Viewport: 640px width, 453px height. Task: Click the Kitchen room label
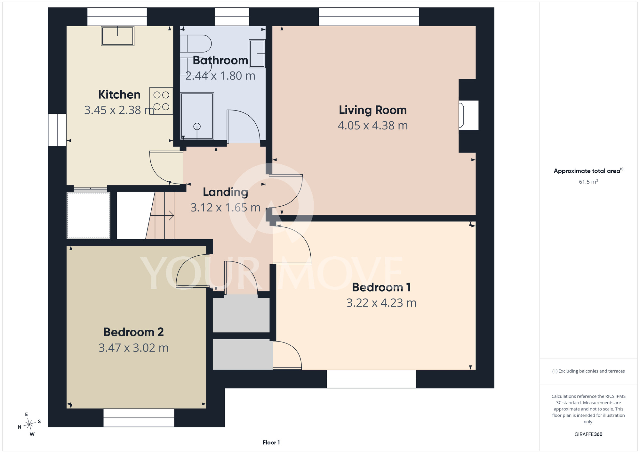(x=119, y=95)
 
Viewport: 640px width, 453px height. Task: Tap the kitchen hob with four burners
(x=161, y=101)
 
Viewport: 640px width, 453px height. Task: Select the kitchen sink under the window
(x=117, y=36)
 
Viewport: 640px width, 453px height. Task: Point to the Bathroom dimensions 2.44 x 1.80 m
(x=220, y=76)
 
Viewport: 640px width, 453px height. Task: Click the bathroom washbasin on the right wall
(x=257, y=54)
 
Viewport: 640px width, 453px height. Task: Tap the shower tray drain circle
(x=197, y=127)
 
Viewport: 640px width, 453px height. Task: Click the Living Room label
(x=373, y=110)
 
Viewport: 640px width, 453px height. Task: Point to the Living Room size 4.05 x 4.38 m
(x=373, y=126)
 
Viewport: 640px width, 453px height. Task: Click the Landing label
(x=226, y=192)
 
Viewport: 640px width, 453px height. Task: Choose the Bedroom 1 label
(x=381, y=287)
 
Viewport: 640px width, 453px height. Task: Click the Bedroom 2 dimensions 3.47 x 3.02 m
(x=133, y=348)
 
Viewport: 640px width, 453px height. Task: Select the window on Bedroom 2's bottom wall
(x=139, y=418)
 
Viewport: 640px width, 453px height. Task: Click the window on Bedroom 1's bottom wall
(x=372, y=379)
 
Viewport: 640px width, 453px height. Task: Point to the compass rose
(x=29, y=424)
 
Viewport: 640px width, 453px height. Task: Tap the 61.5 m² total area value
(x=588, y=182)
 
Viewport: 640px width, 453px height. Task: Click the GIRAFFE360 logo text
(x=588, y=434)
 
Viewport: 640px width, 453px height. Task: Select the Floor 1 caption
(x=271, y=442)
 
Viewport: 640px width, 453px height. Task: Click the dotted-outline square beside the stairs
(x=88, y=215)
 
